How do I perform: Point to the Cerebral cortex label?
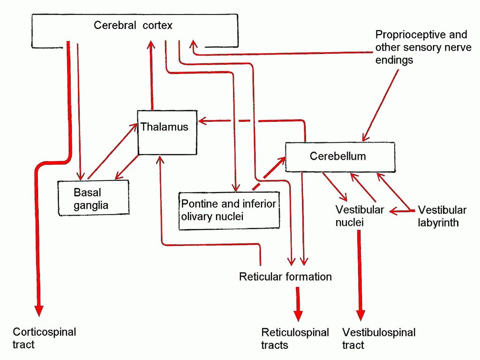click(x=133, y=25)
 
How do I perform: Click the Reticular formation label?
click(x=285, y=277)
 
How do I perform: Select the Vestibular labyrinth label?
click(x=442, y=216)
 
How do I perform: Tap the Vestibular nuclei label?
click(x=360, y=216)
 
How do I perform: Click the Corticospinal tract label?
click(x=45, y=338)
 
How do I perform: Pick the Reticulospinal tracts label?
click(x=295, y=338)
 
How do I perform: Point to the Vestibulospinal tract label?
click(x=379, y=338)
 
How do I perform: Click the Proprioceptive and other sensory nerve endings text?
click(x=423, y=47)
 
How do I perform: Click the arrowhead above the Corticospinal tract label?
click(x=39, y=310)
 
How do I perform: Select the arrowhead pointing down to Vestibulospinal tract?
click(x=360, y=315)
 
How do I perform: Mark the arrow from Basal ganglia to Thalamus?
click(x=112, y=151)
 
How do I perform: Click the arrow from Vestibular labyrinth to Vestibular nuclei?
click(x=402, y=211)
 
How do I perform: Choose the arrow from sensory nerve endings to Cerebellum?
click(x=381, y=105)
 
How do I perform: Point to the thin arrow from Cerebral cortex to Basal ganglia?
click(x=79, y=112)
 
